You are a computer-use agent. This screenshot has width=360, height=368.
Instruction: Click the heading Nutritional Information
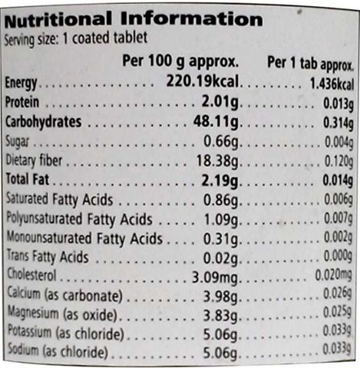134,19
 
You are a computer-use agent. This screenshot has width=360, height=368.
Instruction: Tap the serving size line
76,38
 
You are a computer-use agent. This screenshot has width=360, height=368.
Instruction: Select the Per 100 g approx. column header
180,61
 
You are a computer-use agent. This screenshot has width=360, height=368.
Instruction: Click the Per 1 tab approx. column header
310,63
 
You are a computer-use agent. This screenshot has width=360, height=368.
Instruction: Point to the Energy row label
21,83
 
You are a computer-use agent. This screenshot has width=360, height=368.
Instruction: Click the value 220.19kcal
203,81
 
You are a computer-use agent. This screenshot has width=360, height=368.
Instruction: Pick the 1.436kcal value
332,84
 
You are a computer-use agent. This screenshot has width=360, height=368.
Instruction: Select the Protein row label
22,102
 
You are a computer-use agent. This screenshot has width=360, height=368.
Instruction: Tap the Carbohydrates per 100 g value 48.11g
216,122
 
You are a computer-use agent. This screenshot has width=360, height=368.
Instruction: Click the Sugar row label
17,141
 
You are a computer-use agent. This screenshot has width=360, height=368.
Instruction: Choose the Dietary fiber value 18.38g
217,161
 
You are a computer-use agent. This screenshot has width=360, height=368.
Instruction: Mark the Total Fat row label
28,179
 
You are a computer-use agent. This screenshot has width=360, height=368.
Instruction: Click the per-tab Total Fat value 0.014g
338,180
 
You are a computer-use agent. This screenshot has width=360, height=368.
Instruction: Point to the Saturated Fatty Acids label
59,199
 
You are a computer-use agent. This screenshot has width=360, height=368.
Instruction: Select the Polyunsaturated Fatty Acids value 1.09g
221,220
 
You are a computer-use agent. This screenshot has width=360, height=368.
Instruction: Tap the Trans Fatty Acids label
48,257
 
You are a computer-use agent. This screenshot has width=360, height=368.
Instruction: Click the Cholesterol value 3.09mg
215,278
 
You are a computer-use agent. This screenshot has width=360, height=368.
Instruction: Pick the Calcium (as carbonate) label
65,294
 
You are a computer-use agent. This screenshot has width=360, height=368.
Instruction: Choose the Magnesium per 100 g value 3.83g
220,316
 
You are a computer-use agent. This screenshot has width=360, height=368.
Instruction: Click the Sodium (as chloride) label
58,351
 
